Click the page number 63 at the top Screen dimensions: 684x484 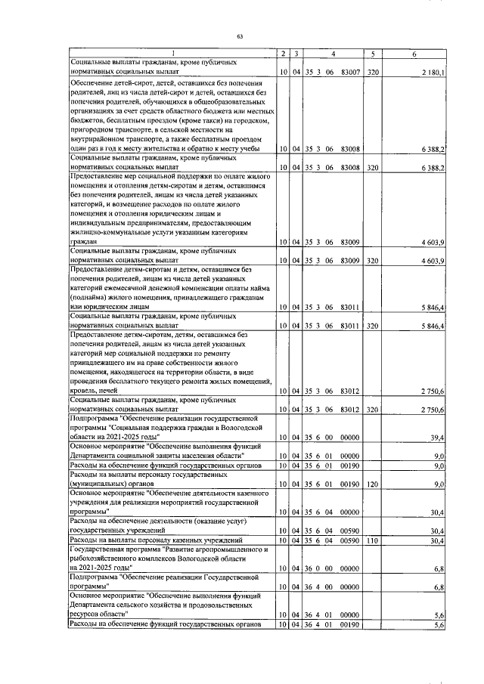pos(240,36)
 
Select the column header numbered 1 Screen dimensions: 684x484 pos(172,52)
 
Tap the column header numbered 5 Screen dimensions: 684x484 pos(373,52)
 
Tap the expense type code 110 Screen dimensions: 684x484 pos(372,540)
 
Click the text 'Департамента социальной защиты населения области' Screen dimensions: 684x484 pos(165,456)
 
